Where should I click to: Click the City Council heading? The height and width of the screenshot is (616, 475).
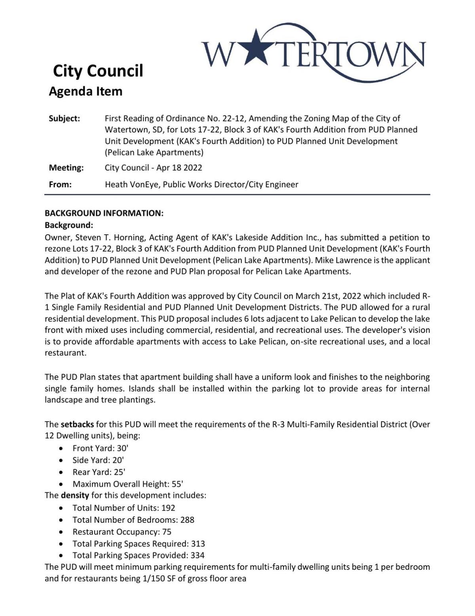98,71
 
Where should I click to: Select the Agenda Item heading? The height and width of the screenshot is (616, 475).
85,92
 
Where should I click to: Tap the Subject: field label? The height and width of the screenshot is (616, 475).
64,119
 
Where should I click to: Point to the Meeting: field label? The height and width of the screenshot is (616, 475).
66,168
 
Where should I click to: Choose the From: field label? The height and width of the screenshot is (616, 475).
60,184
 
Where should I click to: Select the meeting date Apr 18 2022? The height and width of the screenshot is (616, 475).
179,168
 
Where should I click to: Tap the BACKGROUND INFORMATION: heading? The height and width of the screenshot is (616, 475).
104,213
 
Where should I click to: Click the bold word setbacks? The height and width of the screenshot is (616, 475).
77,425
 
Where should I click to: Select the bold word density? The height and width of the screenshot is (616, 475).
75,495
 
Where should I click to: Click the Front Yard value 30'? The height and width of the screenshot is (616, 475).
123,448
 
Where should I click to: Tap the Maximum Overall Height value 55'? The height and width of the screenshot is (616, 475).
177,484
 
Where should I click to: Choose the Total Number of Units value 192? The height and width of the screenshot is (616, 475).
168,508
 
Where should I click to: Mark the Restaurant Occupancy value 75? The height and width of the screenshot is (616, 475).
167,532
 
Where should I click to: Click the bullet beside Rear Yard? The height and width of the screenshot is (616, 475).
61,472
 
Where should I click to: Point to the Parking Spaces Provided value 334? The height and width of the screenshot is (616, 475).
198,555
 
